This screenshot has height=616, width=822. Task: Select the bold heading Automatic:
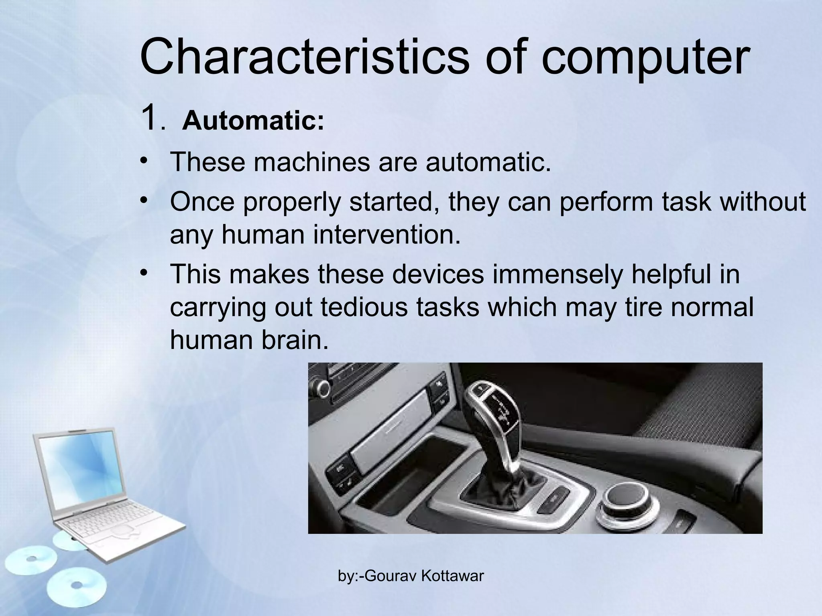click(253, 121)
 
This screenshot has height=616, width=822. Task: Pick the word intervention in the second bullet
click(386, 235)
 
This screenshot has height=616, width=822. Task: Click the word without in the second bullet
click(763, 202)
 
